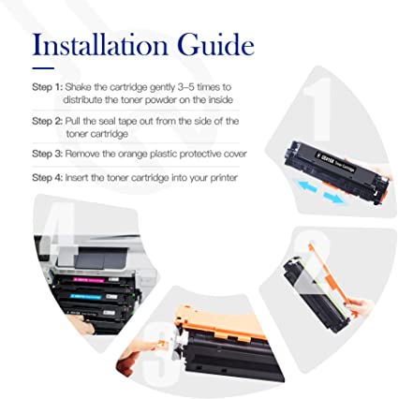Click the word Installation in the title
[100, 45]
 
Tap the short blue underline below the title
[43, 68]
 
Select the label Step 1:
[48, 87]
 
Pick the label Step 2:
[48, 121]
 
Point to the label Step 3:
[48, 154]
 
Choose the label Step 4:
[48, 178]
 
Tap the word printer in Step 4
[224, 178]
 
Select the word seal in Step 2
[107, 121]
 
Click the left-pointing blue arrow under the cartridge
[307, 186]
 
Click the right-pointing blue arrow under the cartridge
[333, 198]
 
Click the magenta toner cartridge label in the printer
[89, 280]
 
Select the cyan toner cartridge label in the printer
[86, 296]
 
